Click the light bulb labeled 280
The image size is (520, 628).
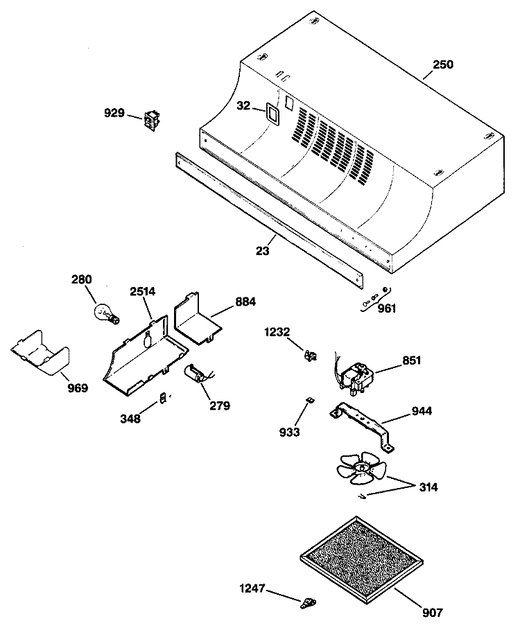click(106, 313)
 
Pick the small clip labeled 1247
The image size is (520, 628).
click(308, 602)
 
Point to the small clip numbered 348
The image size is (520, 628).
click(163, 399)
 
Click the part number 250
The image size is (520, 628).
click(442, 64)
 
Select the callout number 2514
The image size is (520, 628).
click(143, 291)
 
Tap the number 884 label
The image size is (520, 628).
click(245, 302)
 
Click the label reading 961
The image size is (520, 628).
click(387, 308)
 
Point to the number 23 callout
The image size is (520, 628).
click(263, 251)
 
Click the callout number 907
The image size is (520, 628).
click(433, 613)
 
